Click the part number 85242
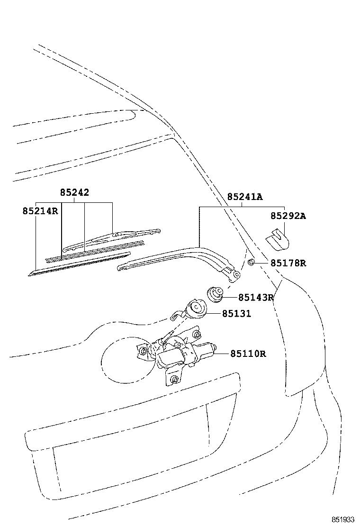click(74, 192)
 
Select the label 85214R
click(40, 211)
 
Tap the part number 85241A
click(245, 197)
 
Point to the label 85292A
click(288, 216)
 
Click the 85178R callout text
click(288, 263)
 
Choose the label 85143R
click(256, 298)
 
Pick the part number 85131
click(236, 314)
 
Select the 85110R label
click(248, 354)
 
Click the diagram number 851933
click(343, 519)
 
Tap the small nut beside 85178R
click(251, 262)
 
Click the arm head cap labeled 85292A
click(278, 240)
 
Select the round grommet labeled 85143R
click(215, 294)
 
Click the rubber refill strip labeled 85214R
click(79, 264)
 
